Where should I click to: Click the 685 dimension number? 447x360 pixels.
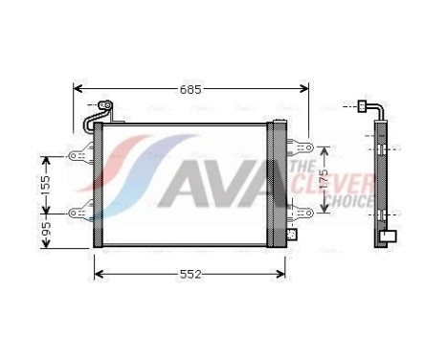tap(191, 90)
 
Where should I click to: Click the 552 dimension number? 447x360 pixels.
tap(190, 275)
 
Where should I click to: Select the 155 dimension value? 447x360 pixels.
tap(45, 183)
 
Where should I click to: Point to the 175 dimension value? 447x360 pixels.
tap(324, 179)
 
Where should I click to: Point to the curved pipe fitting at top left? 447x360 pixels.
tap(99, 115)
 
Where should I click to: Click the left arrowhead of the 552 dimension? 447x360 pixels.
tap(98, 275)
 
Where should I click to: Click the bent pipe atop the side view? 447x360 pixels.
tap(372, 108)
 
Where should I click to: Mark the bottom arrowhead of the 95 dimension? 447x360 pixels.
tap(45, 245)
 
